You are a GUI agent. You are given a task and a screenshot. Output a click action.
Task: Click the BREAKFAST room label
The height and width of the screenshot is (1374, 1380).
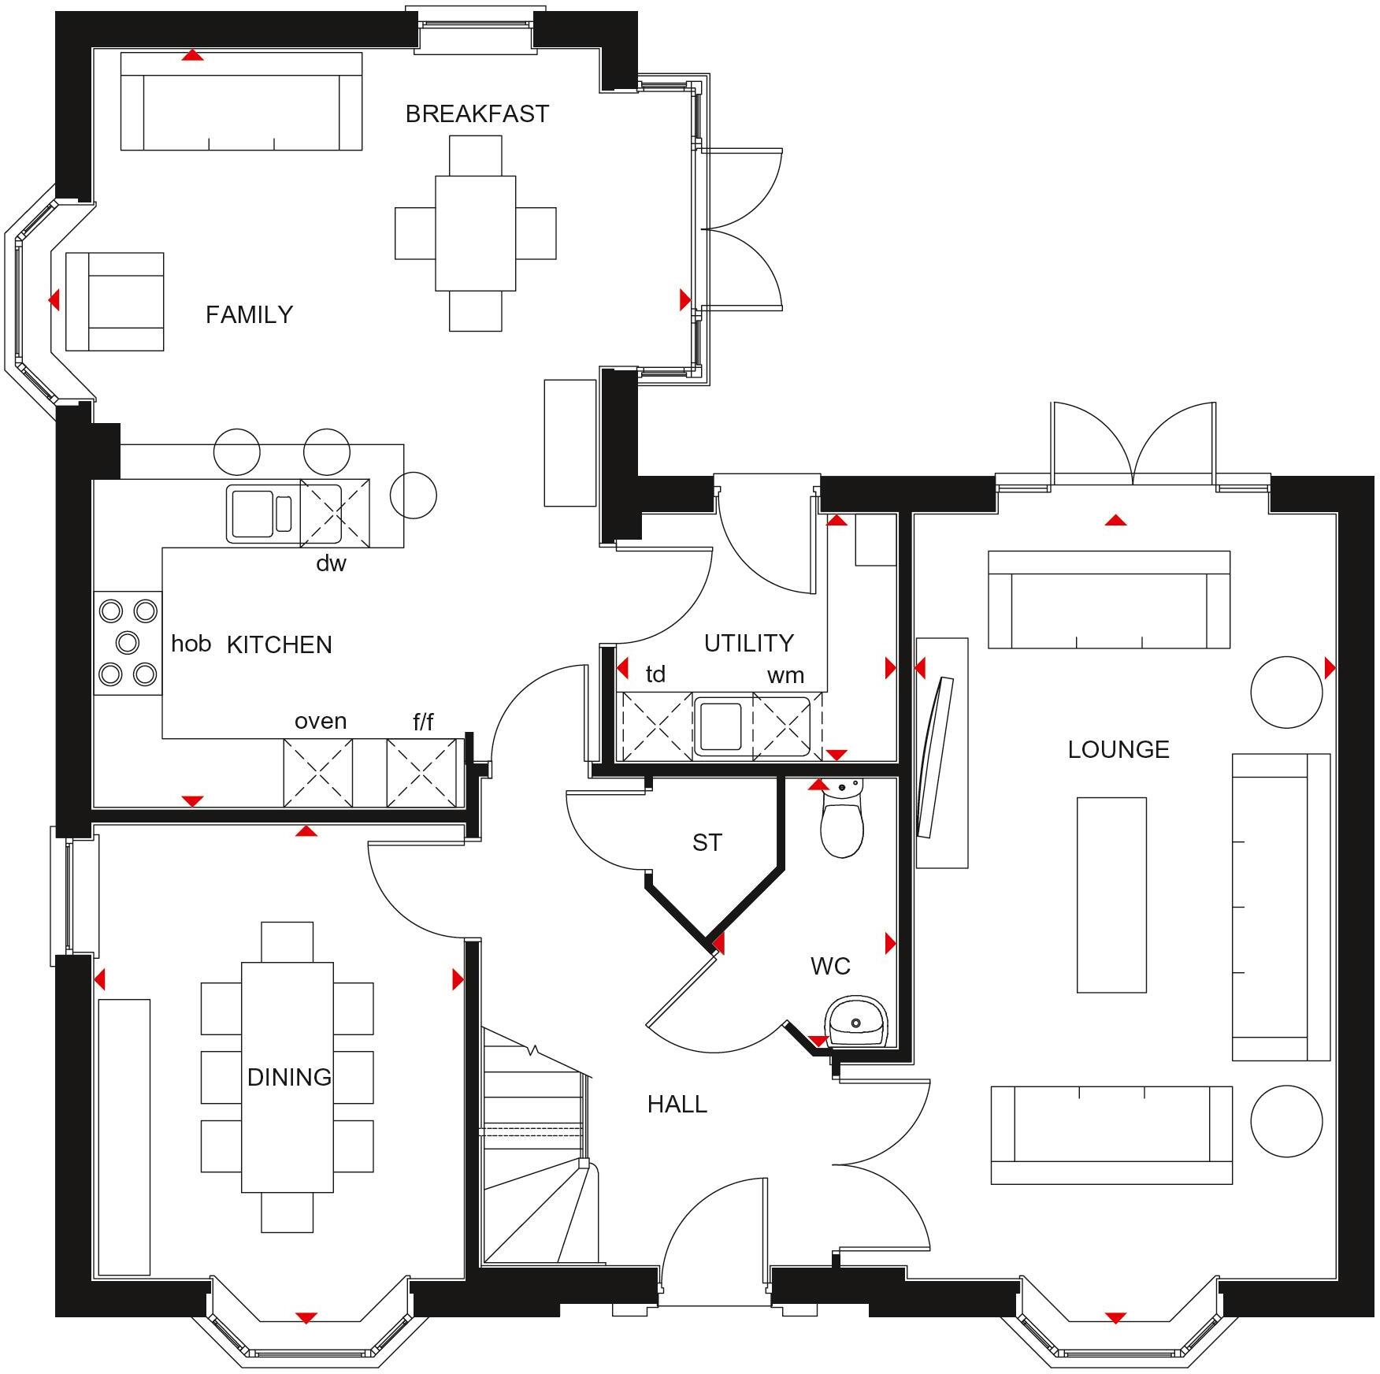point(477,114)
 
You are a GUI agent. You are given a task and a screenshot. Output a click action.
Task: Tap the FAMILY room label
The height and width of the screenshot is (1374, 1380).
point(249,315)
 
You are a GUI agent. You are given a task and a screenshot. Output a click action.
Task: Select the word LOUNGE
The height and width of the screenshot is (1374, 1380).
point(1118,749)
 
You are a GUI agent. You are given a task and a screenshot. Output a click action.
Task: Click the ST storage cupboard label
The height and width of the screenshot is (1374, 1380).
point(707,843)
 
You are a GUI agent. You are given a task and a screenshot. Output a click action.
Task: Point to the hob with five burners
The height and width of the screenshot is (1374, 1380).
point(128,643)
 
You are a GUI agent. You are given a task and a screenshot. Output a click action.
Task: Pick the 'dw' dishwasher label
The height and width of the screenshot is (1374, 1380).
point(331,563)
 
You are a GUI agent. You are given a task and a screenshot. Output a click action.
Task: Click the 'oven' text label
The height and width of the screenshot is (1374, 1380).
point(320,721)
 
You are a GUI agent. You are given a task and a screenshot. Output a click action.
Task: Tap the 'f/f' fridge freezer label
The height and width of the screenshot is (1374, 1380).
point(423,721)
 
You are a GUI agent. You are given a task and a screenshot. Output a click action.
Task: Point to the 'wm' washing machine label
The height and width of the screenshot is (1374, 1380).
point(785,675)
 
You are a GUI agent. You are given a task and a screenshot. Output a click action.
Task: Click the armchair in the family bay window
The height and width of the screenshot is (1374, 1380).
point(115,302)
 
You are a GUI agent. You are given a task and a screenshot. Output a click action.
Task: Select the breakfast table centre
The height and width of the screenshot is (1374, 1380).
point(475,233)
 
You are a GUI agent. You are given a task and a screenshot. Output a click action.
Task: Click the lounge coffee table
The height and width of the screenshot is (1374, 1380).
point(1111,895)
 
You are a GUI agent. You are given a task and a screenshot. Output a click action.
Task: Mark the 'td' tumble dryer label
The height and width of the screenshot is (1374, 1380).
point(655,674)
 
